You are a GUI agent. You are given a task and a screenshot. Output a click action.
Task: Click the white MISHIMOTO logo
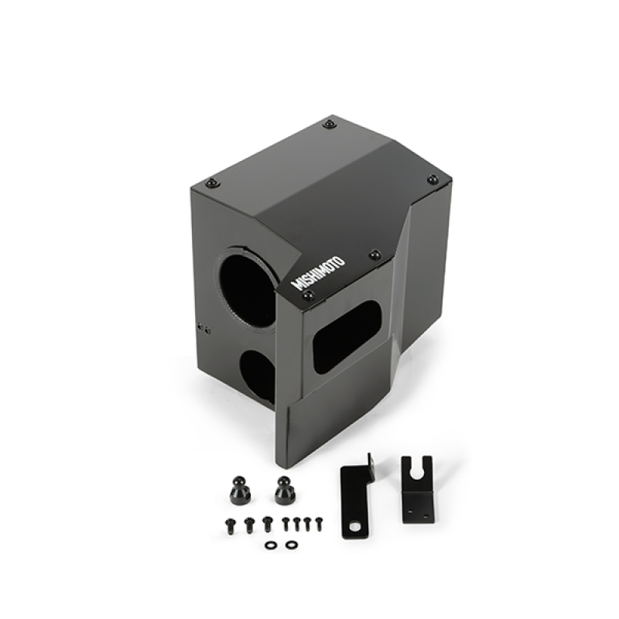pyautogui.click(x=318, y=269)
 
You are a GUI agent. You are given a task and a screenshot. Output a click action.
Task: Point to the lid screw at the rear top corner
pyautogui.click(x=330, y=124)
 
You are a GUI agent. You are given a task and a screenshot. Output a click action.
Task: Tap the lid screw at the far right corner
pyautogui.click(x=433, y=179)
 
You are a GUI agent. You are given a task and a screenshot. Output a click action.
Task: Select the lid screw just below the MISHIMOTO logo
pyautogui.click(x=308, y=296)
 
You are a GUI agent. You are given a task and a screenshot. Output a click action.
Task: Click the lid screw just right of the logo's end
pyautogui.click(x=374, y=255)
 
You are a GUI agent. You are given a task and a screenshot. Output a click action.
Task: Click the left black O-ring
pyautogui.click(x=270, y=545)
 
